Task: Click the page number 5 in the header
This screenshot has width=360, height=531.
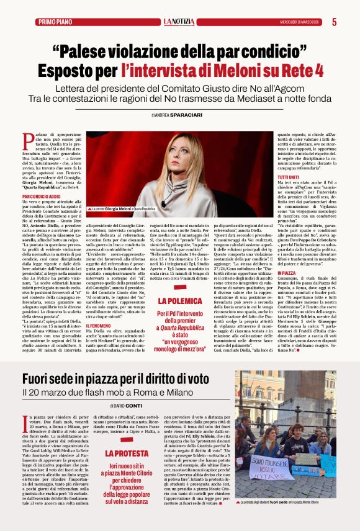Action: pyautogui.click(x=335, y=22)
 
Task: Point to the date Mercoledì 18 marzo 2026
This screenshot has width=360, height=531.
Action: pyautogui.click(x=300, y=22)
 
